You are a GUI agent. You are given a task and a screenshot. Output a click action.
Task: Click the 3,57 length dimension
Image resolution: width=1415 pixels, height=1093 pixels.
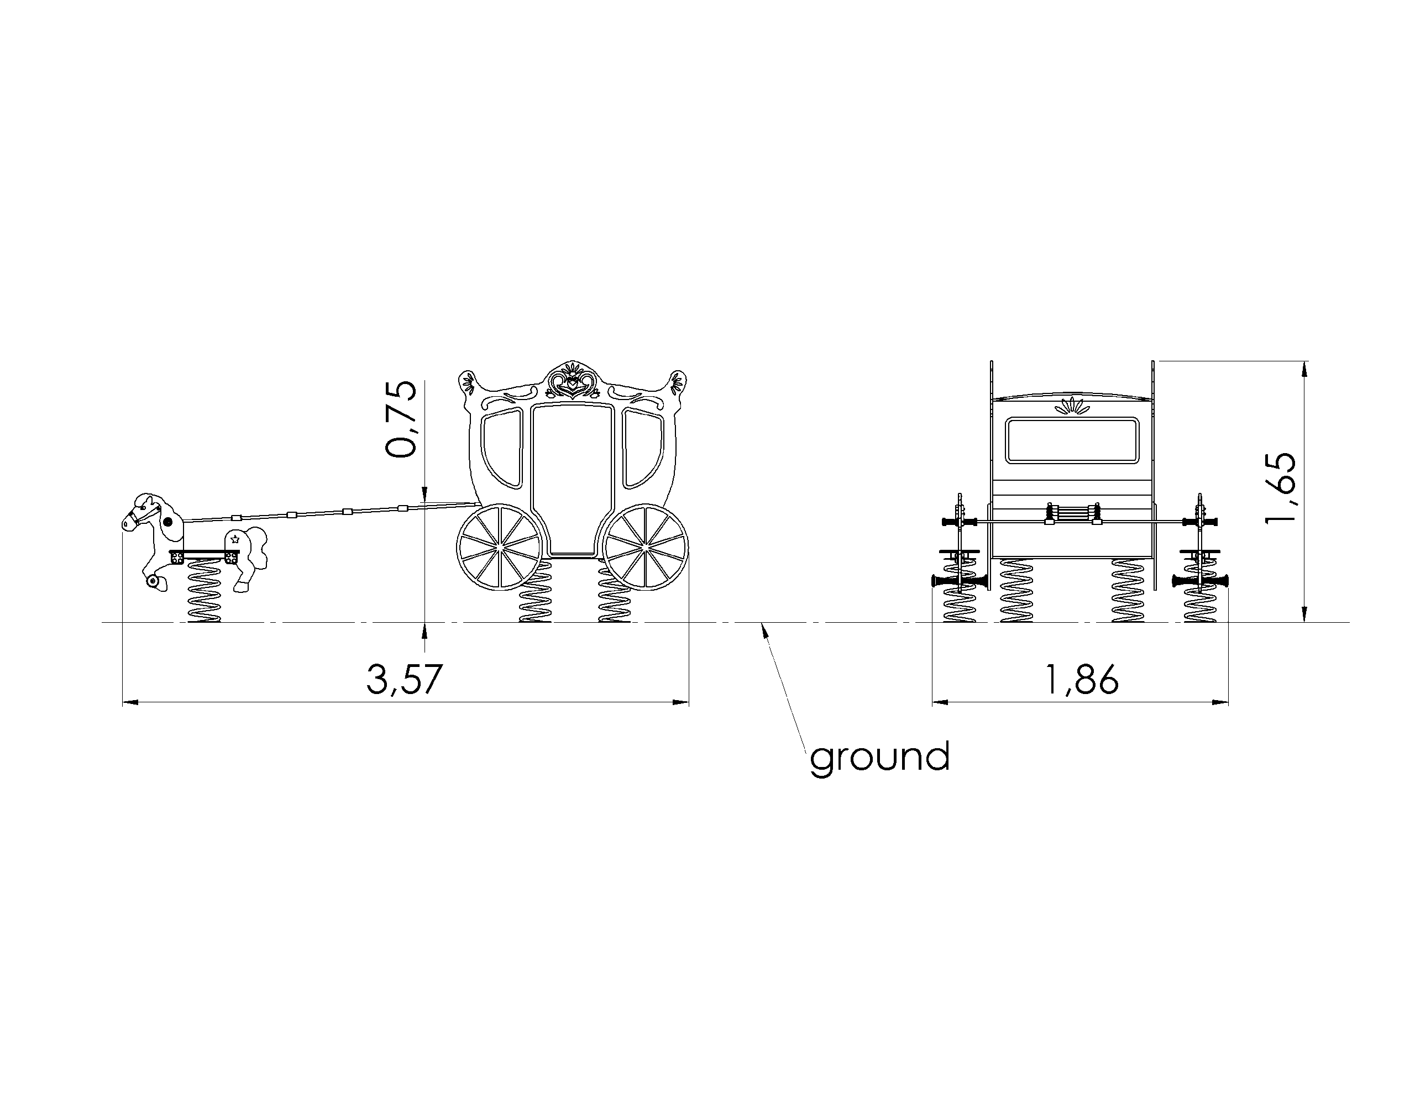coord(404,679)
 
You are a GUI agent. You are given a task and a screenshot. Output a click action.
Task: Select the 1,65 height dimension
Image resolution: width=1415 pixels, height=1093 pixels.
coord(1281,488)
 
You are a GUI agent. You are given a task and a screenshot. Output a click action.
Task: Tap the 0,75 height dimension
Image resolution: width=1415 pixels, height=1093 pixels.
coord(400,419)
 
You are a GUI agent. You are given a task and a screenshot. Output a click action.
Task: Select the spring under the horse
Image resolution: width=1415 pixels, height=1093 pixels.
coord(204,590)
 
